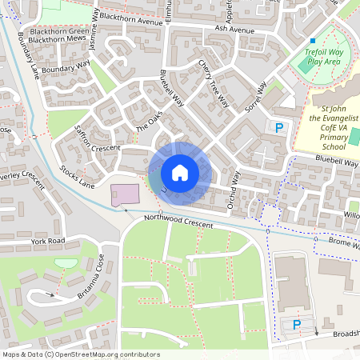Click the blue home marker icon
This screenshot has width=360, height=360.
pyautogui.click(x=180, y=173)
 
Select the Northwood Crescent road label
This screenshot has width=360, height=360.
pyautogui.click(x=178, y=222)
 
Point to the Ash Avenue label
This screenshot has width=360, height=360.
pyautogui.click(x=234, y=30)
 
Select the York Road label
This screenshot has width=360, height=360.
pyautogui.click(x=47, y=240)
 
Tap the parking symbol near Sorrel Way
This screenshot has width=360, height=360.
pyautogui.click(x=279, y=127)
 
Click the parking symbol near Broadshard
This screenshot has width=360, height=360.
pyautogui.click(x=296, y=324)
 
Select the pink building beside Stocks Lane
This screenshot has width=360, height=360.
pyautogui.click(x=124, y=194)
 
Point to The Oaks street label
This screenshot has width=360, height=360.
pyautogui.click(x=148, y=122)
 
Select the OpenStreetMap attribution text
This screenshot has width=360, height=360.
pyautogui.click(x=81, y=354)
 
